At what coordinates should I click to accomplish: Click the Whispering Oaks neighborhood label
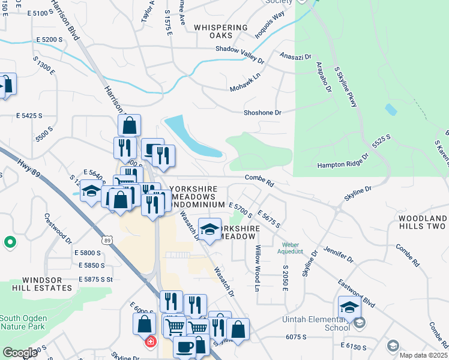click(221, 31)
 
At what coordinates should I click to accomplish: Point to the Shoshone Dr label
click(262, 112)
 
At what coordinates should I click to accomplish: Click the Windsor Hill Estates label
click(50, 284)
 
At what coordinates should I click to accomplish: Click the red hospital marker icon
click(150, 341)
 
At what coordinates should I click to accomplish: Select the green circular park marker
click(10, 242)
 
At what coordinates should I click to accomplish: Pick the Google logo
click(20, 353)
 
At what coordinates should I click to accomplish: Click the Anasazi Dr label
click(295, 56)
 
